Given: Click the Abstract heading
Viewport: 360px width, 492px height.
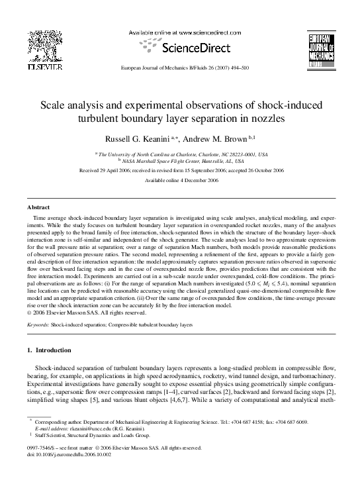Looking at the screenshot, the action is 38,207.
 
